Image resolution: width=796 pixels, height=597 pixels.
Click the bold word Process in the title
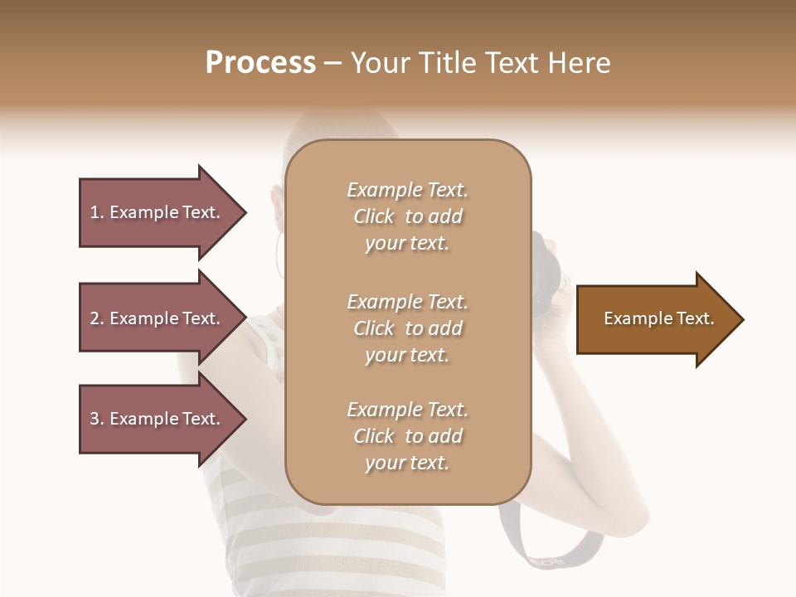tap(260, 63)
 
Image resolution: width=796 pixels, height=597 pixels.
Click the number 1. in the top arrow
tap(97, 212)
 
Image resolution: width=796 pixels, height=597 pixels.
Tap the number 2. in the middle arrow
tap(97, 318)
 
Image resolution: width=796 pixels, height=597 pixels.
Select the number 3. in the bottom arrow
tap(97, 419)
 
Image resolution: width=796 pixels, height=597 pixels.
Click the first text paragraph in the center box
tap(407, 216)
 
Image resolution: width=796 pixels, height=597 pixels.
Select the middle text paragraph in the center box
tap(407, 328)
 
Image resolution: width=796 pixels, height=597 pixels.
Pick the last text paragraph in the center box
tap(407, 436)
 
